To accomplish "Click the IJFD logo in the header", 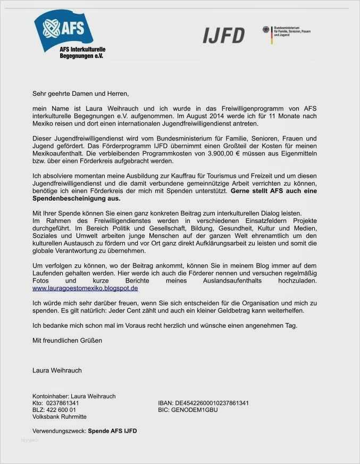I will [x=223, y=36].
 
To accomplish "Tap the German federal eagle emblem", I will [x=266, y=31].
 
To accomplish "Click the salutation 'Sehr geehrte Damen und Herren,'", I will [x=80, y=94].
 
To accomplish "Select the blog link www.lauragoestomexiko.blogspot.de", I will [x=85, y=288].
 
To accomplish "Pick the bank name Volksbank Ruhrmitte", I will [x=59, y=417].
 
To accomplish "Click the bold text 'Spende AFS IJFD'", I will [x=112, y=430].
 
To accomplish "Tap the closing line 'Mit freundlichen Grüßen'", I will [x=67, y=339].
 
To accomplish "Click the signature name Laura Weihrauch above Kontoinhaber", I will [x=57, y=370].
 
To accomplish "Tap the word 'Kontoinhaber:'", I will [x=50, y=396].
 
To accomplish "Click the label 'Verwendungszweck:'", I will [x=59, y=430].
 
